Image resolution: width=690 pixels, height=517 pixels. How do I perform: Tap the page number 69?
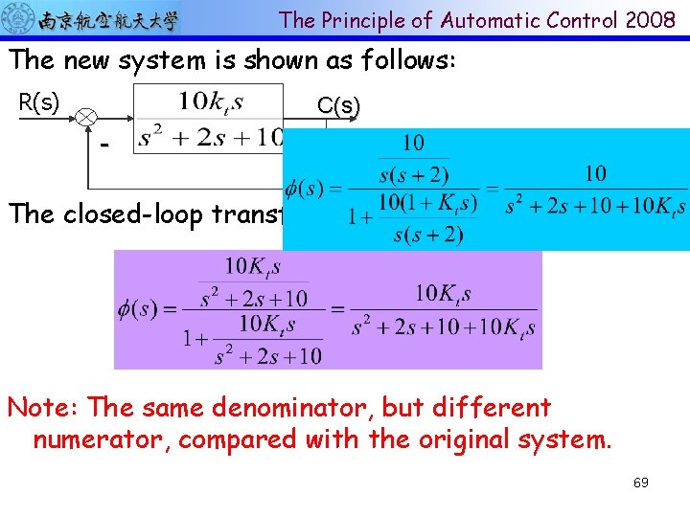(x=640, y=483)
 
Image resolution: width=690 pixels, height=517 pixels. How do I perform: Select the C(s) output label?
(x=338, y=106)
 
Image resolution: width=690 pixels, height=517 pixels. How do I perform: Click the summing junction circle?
(x=87, y=117)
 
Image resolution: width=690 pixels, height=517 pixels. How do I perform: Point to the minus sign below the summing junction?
(x=104, y=145)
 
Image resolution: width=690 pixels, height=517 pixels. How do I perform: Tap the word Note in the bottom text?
(x=42, y=407)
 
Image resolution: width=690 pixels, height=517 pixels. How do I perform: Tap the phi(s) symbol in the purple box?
(x=138, y=309)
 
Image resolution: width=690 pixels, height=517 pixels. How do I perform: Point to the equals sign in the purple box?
(x=335, y=310)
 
